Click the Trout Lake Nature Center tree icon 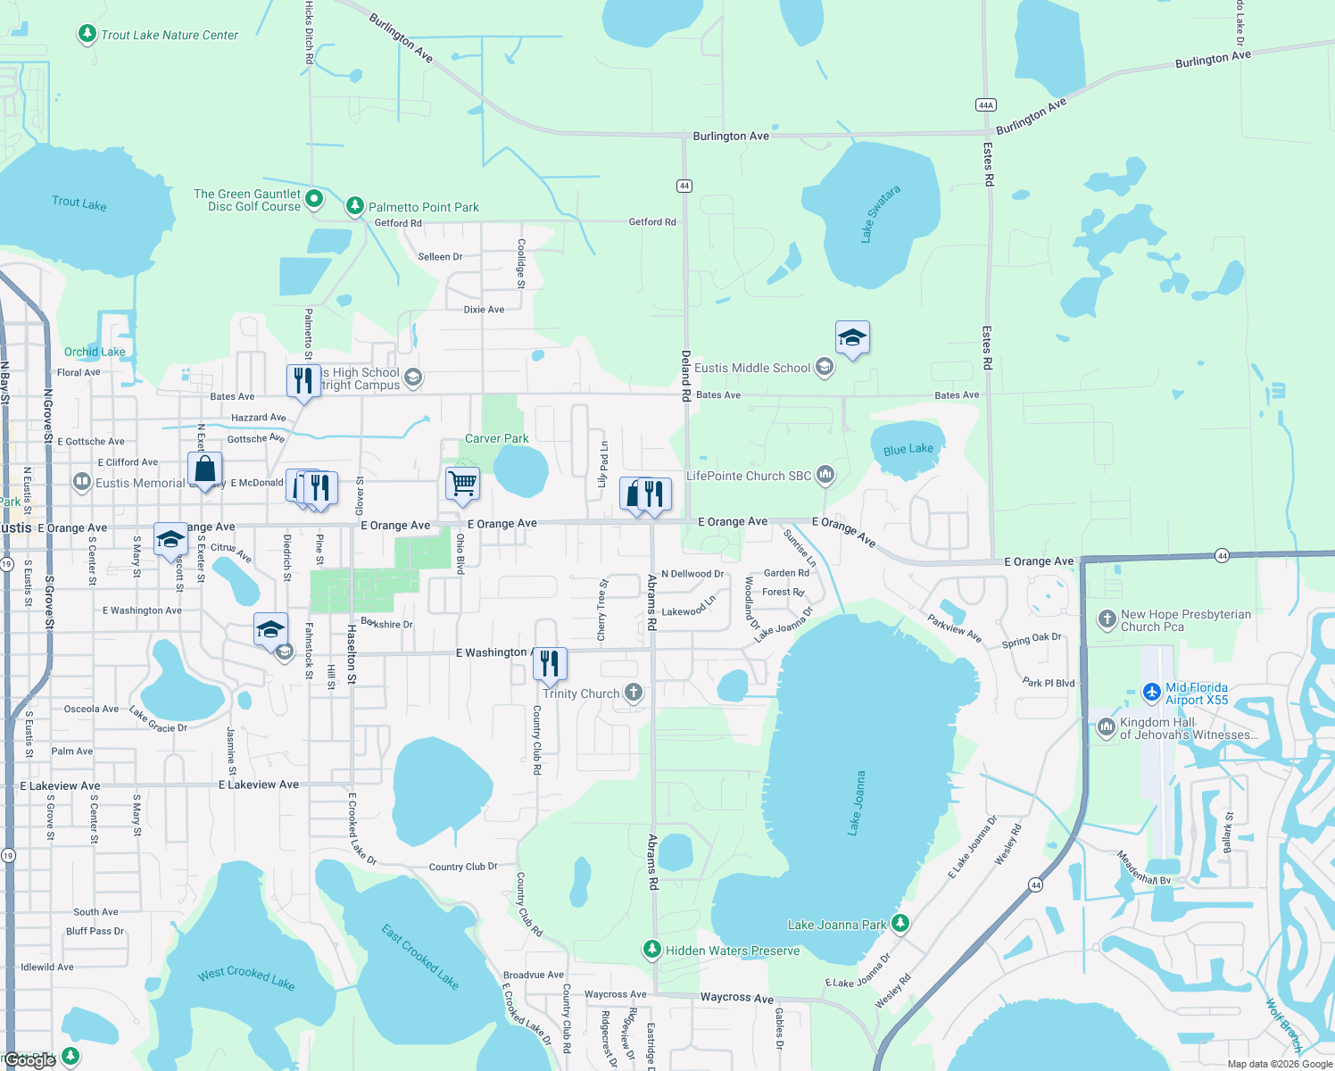87,35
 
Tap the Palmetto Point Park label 424,207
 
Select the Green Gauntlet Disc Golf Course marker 314,198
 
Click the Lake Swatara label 880,214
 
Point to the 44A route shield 985,104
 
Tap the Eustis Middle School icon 825,368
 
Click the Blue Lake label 908,450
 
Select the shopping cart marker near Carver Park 462,485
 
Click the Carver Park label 496,438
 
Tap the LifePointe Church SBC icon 825,475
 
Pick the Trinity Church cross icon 633,693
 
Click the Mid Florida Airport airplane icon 1152,693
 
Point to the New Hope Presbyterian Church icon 1107,619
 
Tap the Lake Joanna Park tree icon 900,924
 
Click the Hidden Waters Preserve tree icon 652,950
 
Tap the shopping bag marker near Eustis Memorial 205,469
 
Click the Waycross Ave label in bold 736,998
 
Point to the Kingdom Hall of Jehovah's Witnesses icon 1107,727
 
